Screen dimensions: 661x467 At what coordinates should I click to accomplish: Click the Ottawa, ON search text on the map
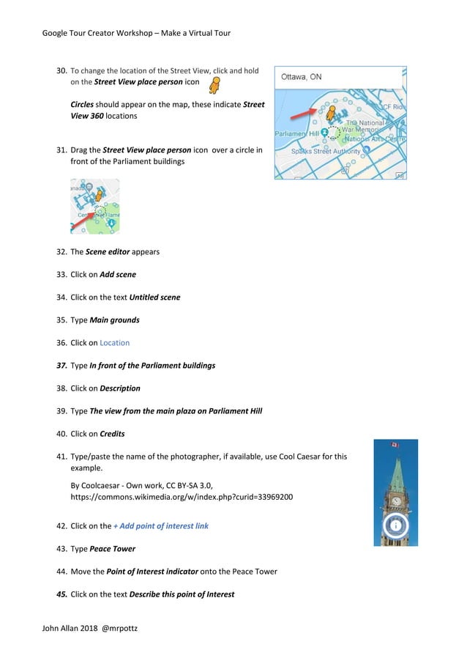pos(301,77)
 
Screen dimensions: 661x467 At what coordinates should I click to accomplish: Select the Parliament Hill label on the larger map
pos(296,134)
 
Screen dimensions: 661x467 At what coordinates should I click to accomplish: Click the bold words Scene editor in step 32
pos(108,251)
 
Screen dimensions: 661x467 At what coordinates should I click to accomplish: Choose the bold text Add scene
pos(118,274)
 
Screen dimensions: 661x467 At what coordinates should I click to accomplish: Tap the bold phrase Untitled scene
pos(154,297)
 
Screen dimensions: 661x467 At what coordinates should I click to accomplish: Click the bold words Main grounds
pos(114,320)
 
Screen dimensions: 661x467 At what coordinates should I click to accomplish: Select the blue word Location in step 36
pos(114,342)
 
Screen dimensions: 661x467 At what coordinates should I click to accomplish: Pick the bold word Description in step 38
pos(120,388)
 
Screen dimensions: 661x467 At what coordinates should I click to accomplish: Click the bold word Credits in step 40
pos(112,433)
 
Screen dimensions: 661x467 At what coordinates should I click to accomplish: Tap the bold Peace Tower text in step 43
pos(113,548)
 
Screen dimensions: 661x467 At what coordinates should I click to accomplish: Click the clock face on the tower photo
pos(396,501)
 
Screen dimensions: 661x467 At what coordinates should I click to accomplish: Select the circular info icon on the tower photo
pos(396,525)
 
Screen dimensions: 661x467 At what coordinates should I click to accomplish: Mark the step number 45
pos(62,594)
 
